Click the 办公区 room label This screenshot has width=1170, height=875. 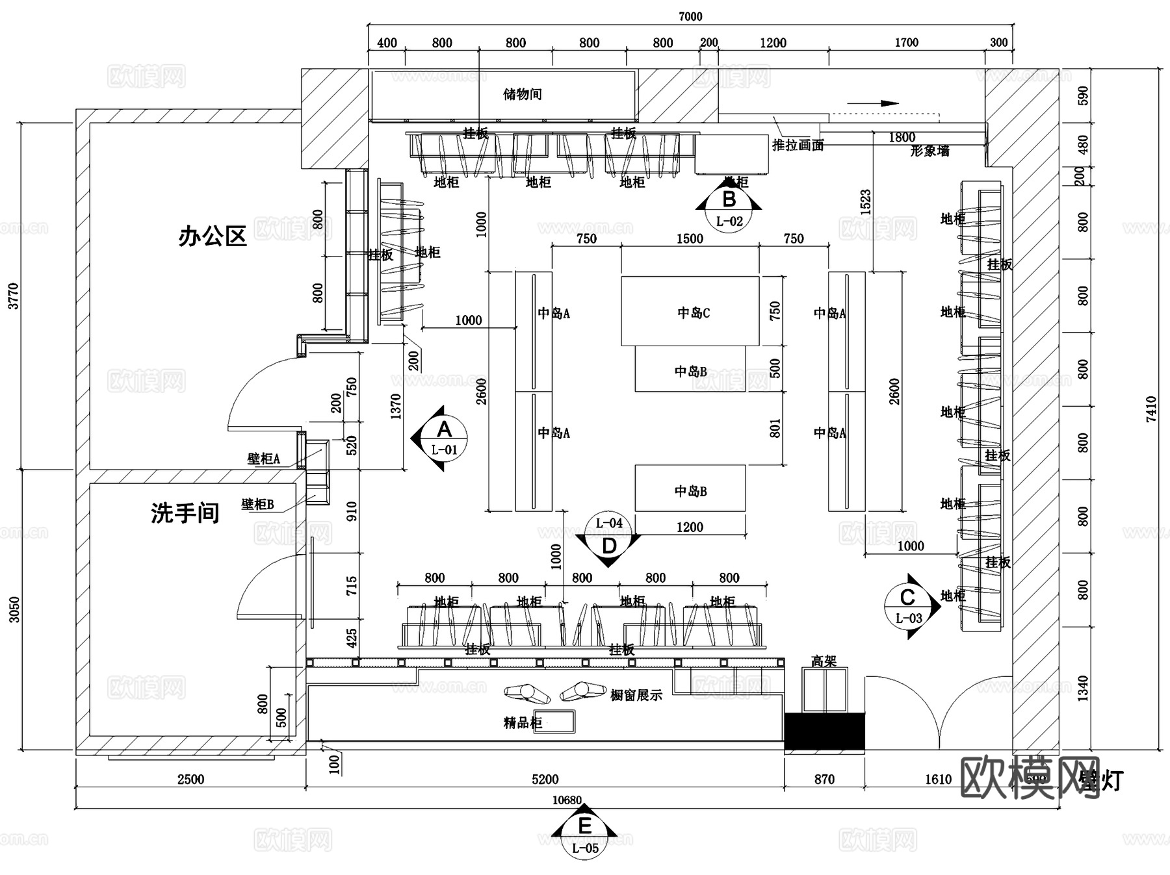[x=213, y=236]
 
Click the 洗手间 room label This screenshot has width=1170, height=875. [x=185, y=513]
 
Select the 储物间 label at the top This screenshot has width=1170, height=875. [x=522, y=95]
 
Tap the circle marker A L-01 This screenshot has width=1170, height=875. [x=444, y=438]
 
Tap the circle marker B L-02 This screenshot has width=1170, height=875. [x=729, y=209]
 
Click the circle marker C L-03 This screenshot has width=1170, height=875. [x=908, y=607]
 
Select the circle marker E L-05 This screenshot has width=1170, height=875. [x=584, y=835]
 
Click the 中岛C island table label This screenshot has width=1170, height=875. [x=693, y=313]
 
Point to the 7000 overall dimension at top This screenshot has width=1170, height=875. [x=690, y=16]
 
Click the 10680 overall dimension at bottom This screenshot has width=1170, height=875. [x=567, y=800]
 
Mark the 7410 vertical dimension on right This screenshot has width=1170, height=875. [x=1151, y=409]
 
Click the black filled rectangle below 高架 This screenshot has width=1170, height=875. [x=824, y=731]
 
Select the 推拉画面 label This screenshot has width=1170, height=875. [x=798, y=146]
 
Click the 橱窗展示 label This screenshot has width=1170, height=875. [x=636, y=696]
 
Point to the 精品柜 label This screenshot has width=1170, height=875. [x=523, y=722]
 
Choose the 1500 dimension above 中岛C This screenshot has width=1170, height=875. [x=690, y=239]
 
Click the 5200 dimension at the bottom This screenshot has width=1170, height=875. [x=545, y=779]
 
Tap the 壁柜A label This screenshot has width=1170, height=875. [x=263, y=459]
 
